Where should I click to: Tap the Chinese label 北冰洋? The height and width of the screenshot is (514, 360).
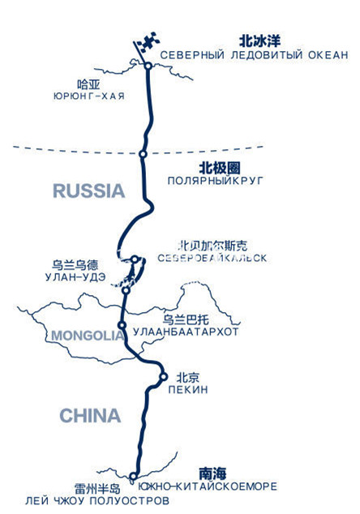click(258, 40)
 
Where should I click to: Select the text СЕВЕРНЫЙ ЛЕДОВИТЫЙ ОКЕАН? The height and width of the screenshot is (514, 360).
click(254, 55)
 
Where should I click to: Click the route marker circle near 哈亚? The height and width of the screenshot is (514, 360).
click(148, 66)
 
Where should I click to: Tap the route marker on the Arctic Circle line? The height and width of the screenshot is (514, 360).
click(143, 153)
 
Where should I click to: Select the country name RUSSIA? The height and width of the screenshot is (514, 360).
click(89, 191)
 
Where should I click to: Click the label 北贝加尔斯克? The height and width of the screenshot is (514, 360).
click(219, 244)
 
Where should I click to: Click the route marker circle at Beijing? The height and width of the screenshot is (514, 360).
click(162, 376)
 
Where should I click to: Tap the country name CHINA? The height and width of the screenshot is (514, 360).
click(90, 416)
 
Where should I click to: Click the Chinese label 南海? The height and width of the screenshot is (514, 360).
click(212, 472)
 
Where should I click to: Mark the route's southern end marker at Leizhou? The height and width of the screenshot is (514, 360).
click(134, 477)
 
